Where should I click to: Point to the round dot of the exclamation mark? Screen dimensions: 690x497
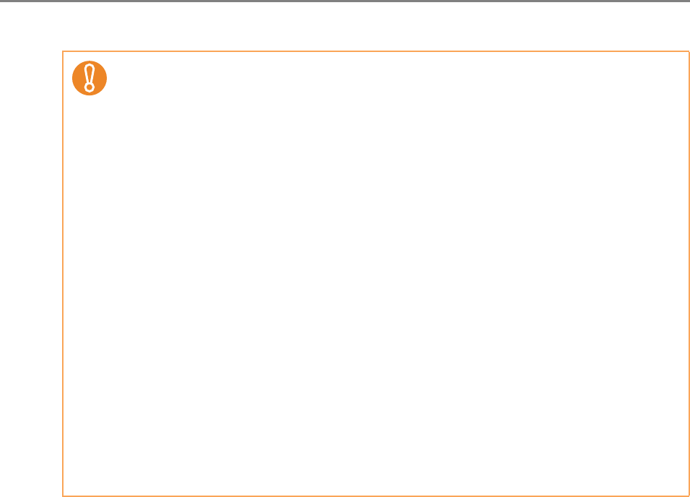(x=89, y=87)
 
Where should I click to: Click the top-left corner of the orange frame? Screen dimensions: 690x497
(x=63, y=51)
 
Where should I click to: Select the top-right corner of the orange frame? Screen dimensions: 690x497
(x=689, y=51)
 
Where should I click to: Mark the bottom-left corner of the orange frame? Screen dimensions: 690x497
(x=63, y=496)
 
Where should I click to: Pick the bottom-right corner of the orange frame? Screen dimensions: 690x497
(x=689, y=496)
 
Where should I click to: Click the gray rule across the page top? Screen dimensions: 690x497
(x=345, y=1)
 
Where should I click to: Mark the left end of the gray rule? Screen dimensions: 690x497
(x=1, y=1)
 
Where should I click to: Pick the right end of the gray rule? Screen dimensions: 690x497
(x=688, y=1)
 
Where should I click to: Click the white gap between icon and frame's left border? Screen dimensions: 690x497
(x=68, y=77)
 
